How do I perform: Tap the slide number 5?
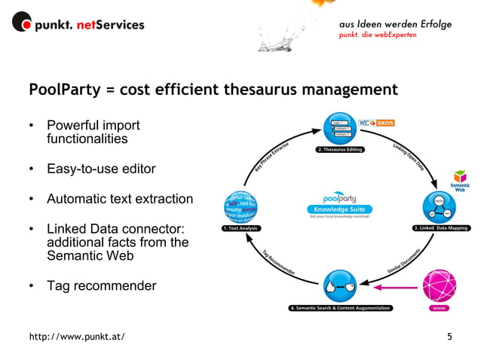[x=449, y=335]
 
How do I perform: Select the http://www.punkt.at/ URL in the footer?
[x=77, y=336]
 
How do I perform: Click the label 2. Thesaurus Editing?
[x=340, y=150]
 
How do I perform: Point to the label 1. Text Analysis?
[x=240, y=227]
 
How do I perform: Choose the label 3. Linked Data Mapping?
[x=443, y=227]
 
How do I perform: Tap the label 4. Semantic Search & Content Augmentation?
[x=341, y=308]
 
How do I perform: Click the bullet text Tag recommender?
[x=101, y=286]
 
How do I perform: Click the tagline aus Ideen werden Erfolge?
[x=395, y=24]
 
